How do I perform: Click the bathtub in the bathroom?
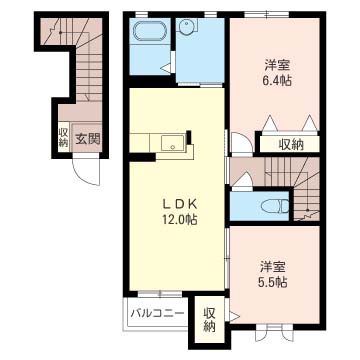click(x=150, y=32)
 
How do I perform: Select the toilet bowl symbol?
click(x=275, y=206)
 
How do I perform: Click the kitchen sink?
click(x=173, y=142)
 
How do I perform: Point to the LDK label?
click(x=179, y=204)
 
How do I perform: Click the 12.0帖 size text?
click(x=179, y=219)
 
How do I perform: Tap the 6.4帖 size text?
click(x=276, y=80)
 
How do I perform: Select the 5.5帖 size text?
click(x=272, y=283)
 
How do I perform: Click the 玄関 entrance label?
click(x=87, y=138)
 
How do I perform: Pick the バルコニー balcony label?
click(x=157, y=313)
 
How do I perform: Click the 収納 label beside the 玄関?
click(x=63, y=138)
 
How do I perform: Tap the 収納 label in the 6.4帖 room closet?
click(x=291, y=144)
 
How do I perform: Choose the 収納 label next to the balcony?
click(x=209, y=319)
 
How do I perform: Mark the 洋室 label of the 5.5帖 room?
click(x=273, y=267)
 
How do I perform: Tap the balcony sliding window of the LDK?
click(x=160, y=294)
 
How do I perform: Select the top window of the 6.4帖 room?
click(x=266, y=14)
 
